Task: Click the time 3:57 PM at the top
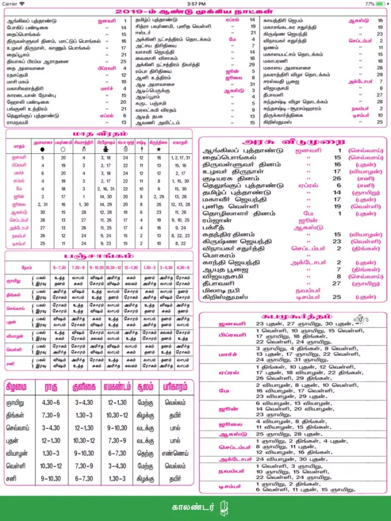pos(195,4)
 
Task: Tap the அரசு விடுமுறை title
pos(294,141)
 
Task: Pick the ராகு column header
pos(51,388)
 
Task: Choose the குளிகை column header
pos(84,388)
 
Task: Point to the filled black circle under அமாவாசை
pos(42,148)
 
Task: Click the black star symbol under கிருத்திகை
pos(158,148)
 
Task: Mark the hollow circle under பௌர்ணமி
pos(63,148)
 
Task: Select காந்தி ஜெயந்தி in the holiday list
pos(231,263)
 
